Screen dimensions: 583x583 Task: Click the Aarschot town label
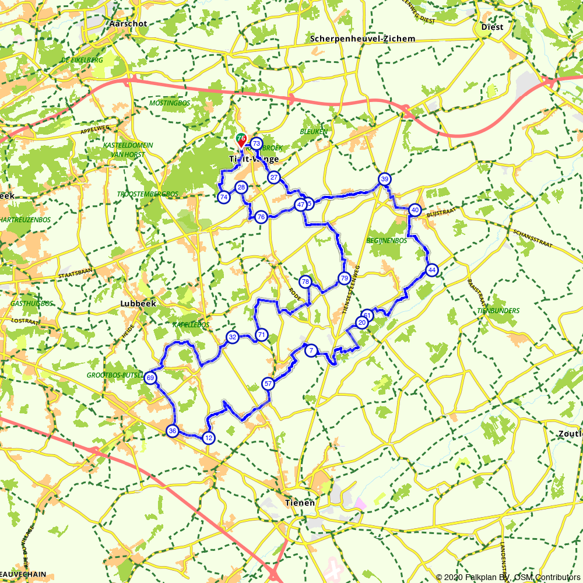(128, 24)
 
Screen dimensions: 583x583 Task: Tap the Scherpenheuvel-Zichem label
(363, 39)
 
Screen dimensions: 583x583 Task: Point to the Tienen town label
(300, 503)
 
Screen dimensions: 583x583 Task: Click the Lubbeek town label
(136, 303)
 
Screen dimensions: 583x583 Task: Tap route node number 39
(384, 179)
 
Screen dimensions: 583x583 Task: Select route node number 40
(415, 210)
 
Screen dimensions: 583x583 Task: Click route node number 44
(431, 270)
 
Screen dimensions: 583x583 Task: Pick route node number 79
(344, 278)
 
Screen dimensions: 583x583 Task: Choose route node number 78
(305, 282)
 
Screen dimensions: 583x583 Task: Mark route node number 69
(151, 378)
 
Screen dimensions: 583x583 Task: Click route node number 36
(172, 431)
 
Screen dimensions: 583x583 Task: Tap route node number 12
(208, 438)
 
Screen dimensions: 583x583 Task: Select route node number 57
(268, 384)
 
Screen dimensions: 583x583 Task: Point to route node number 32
(232, 337)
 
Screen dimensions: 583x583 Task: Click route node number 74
(223, 198)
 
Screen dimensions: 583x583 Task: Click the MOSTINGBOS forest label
(170, 103)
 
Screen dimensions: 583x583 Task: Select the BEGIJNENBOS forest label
(387, 240)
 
